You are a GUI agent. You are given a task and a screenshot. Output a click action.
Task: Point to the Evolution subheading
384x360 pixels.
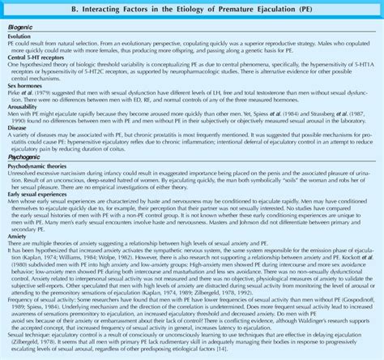(20, 36)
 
